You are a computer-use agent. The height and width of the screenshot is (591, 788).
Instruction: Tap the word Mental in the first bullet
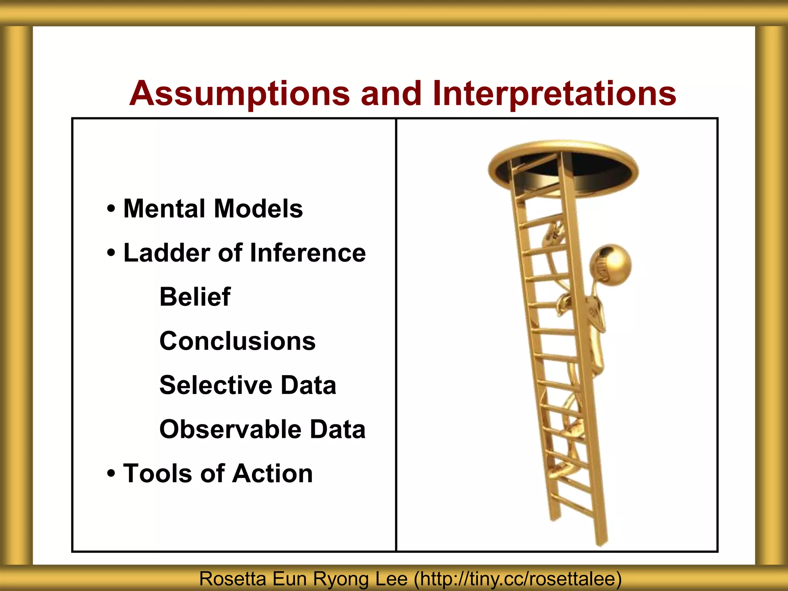coord(163,209)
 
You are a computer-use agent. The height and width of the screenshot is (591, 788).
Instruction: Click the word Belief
coord(195,297)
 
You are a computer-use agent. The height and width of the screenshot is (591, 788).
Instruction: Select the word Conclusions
coord(237,341)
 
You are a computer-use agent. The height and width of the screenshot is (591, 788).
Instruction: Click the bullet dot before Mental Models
coord(111,209)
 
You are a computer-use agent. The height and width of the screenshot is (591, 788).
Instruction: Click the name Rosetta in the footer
coord(232,579)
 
